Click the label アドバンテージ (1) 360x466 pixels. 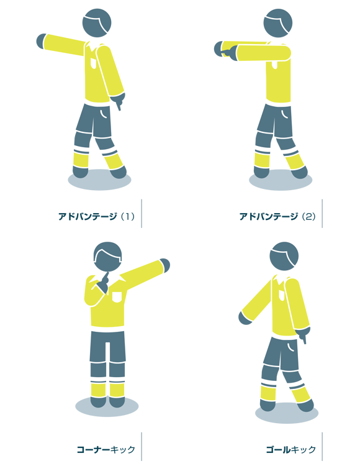pos(96,216)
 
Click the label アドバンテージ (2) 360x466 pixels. pos(277,216)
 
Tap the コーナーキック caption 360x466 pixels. pos(106,449)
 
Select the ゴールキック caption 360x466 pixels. pos(291,449)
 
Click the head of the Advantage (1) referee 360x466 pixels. pos(97,23)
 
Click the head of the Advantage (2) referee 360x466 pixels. pos(278,23)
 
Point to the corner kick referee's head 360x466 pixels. pos(107,257)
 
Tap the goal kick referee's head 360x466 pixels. pos(284,256)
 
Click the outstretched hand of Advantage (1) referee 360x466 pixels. pos(41,41)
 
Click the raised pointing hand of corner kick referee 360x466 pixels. pos(164,265)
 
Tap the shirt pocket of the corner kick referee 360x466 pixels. pos(117,297)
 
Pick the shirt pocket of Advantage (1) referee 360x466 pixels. pos(94,63)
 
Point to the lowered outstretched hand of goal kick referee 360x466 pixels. pos(245,318)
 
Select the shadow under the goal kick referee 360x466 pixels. pos(287,413)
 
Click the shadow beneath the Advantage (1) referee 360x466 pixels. pos(99,180)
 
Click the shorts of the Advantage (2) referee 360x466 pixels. pos(274,121)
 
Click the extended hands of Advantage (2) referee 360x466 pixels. pos(225,50)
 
